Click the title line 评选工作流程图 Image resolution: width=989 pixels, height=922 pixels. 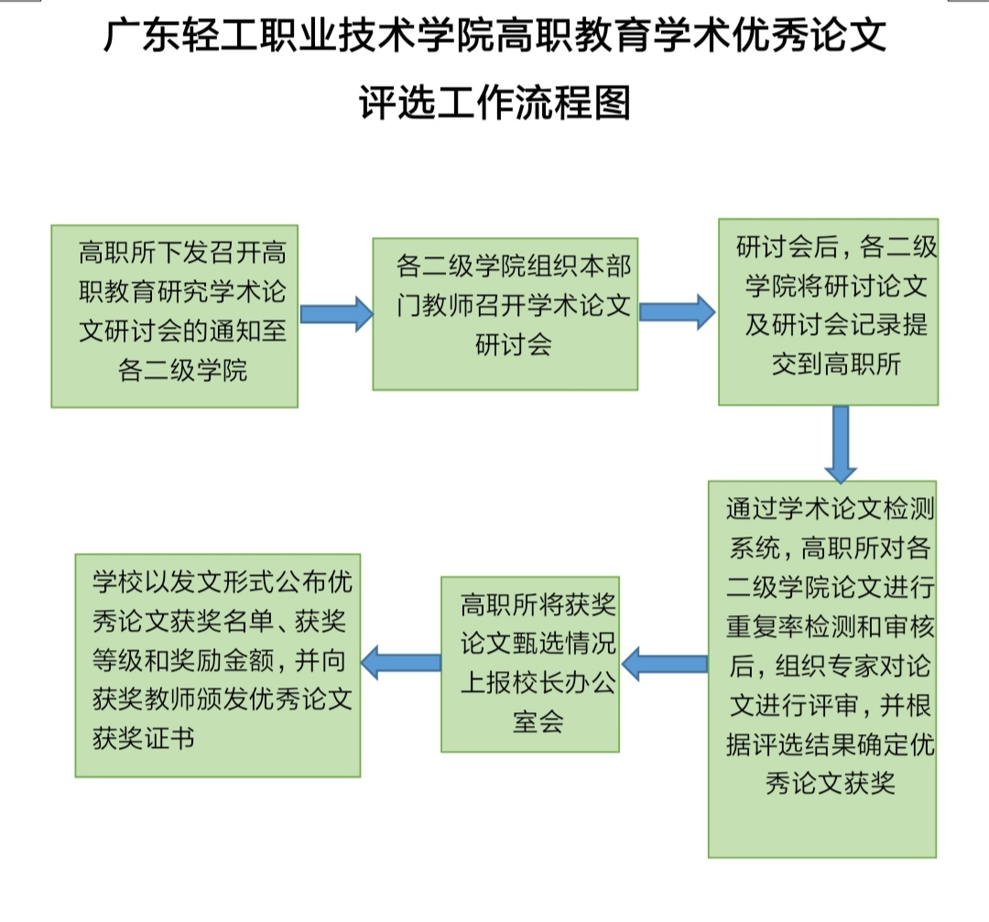tap(494, 103)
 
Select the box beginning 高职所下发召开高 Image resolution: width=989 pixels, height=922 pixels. tap(174, 315)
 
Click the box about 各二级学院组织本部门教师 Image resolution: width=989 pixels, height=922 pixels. tap(505, 314)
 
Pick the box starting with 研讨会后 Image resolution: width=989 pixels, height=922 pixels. tap(828, 311)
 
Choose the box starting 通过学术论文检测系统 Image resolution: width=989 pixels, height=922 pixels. tap(821, 668)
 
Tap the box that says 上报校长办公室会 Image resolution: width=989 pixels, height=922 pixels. tap(530, 664)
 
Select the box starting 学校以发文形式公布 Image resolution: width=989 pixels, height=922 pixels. tap(218, 665)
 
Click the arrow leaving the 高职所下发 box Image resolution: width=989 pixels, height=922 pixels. tap(335, 314)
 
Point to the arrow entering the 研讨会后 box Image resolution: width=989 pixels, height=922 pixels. tap(677, 311)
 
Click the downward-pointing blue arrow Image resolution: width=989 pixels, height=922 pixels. tap(840, 444)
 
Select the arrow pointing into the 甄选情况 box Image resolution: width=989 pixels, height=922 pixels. tap(664, 662)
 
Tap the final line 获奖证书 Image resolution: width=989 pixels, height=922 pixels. tap(144, 738)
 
